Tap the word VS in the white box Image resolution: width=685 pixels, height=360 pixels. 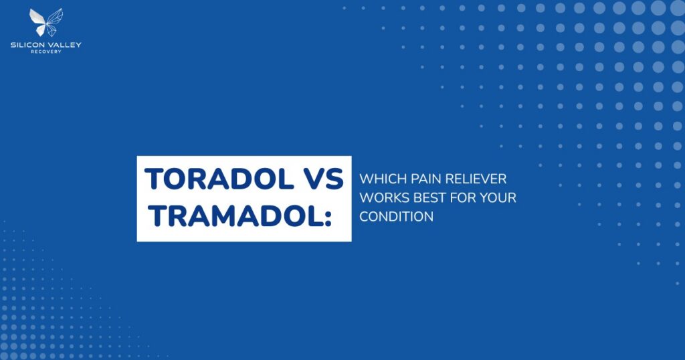tap(320, 179)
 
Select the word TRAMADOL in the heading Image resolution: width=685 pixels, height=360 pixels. tap(231, 215)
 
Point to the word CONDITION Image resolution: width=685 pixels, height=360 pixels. tap(396, 217)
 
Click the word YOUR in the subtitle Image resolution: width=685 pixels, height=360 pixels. tap(498, 198)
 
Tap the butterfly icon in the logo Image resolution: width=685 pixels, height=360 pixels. tap(46, 21)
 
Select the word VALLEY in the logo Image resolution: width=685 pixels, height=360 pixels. tap(66, 45)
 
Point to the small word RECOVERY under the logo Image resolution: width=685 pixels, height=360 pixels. tap(46, 52)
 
